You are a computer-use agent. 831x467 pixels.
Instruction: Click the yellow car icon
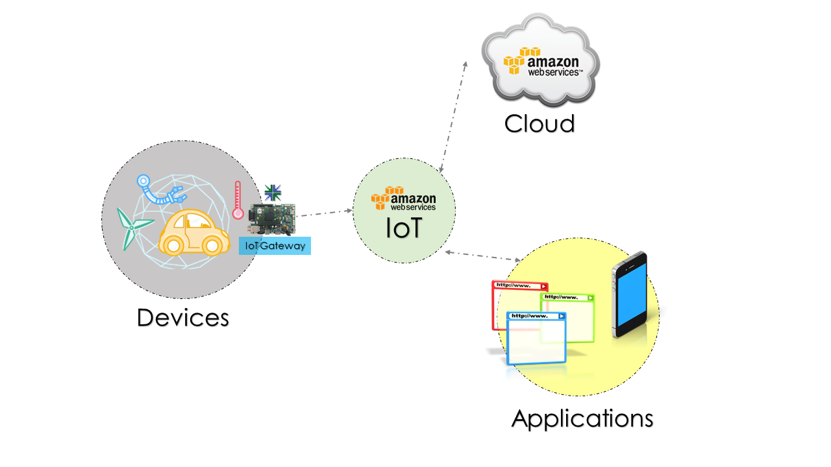coord(193,234)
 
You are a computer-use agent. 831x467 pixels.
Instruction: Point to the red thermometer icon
coord(238,200)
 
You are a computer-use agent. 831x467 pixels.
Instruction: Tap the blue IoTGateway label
coord(275,246)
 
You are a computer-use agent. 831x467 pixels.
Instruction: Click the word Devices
coord(183,318)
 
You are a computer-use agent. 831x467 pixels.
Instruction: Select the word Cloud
coord(540,123)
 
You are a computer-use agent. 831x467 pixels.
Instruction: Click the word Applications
coord(582,418)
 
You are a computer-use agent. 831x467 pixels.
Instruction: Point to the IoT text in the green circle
coord(403,228)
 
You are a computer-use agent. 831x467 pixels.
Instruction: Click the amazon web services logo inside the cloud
coord(543,63)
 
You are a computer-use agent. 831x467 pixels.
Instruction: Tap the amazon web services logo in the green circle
coord(403,198)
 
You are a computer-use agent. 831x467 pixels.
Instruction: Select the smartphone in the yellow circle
coord(630,294)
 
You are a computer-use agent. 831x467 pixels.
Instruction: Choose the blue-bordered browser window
coord(536,337)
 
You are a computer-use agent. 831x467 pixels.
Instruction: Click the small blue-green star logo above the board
coord(273,191)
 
